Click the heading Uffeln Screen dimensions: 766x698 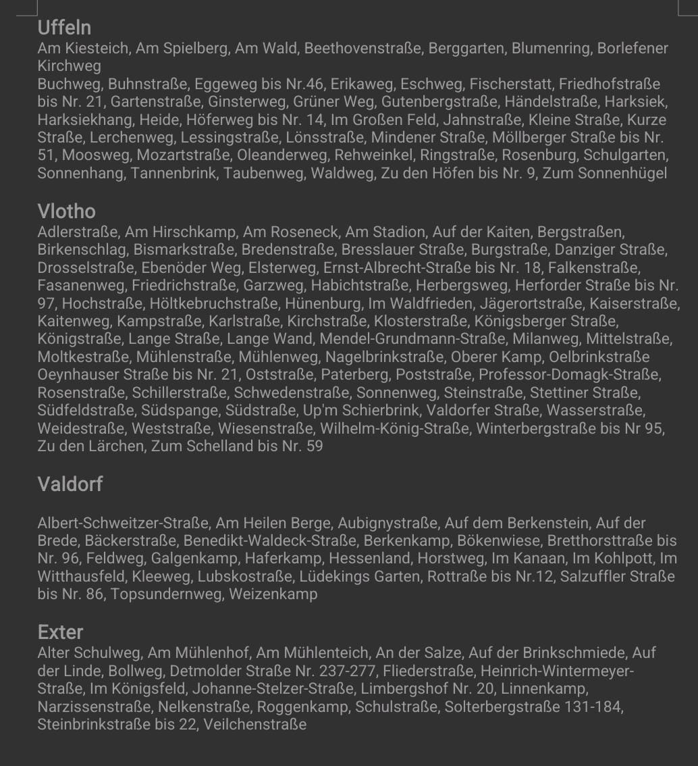64,28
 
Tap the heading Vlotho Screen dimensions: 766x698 66,211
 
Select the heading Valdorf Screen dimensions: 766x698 70,484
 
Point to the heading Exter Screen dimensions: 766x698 60,632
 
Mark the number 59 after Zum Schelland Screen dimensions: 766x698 315,446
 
